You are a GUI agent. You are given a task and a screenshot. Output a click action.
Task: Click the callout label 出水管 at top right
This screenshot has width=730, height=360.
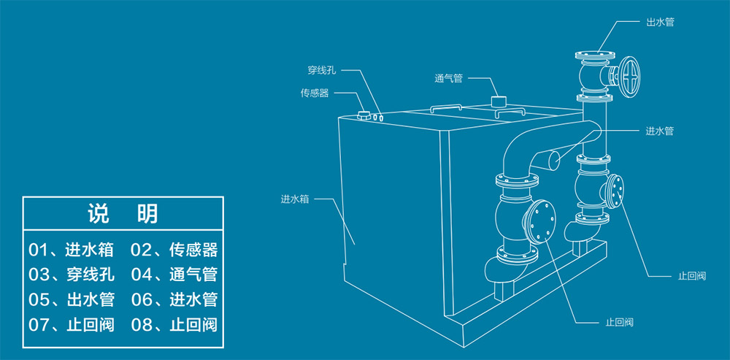659,23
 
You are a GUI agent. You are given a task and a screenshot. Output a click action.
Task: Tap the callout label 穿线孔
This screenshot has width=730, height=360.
321,71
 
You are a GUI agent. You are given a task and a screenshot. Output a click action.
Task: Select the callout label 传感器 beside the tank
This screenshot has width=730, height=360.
315,93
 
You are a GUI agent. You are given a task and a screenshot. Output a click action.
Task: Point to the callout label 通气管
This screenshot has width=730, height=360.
448,78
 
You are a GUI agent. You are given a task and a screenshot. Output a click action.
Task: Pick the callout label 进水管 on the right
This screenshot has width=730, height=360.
659,131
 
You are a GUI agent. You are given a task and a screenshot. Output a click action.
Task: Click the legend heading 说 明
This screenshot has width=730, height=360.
122,215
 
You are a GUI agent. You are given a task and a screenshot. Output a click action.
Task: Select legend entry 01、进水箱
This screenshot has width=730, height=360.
71,250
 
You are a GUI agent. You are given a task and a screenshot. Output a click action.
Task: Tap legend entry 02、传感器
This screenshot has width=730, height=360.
174,250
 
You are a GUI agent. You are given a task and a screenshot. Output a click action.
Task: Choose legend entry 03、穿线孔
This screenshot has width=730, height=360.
71,275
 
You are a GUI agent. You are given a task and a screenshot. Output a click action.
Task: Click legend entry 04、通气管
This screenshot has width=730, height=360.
174,275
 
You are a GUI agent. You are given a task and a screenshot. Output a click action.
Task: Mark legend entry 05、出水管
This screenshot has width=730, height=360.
71,299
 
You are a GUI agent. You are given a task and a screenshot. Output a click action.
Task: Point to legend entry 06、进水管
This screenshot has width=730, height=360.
174,299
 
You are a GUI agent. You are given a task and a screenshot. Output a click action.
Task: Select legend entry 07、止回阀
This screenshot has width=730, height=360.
71,324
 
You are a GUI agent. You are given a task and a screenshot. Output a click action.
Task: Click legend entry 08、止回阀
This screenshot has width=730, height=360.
174,324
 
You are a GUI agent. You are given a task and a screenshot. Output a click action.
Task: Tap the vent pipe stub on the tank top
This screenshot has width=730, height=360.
499,102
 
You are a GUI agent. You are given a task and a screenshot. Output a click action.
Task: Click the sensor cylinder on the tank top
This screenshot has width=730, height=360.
363,115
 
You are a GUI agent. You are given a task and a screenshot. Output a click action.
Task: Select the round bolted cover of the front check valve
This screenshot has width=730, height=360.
540,221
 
